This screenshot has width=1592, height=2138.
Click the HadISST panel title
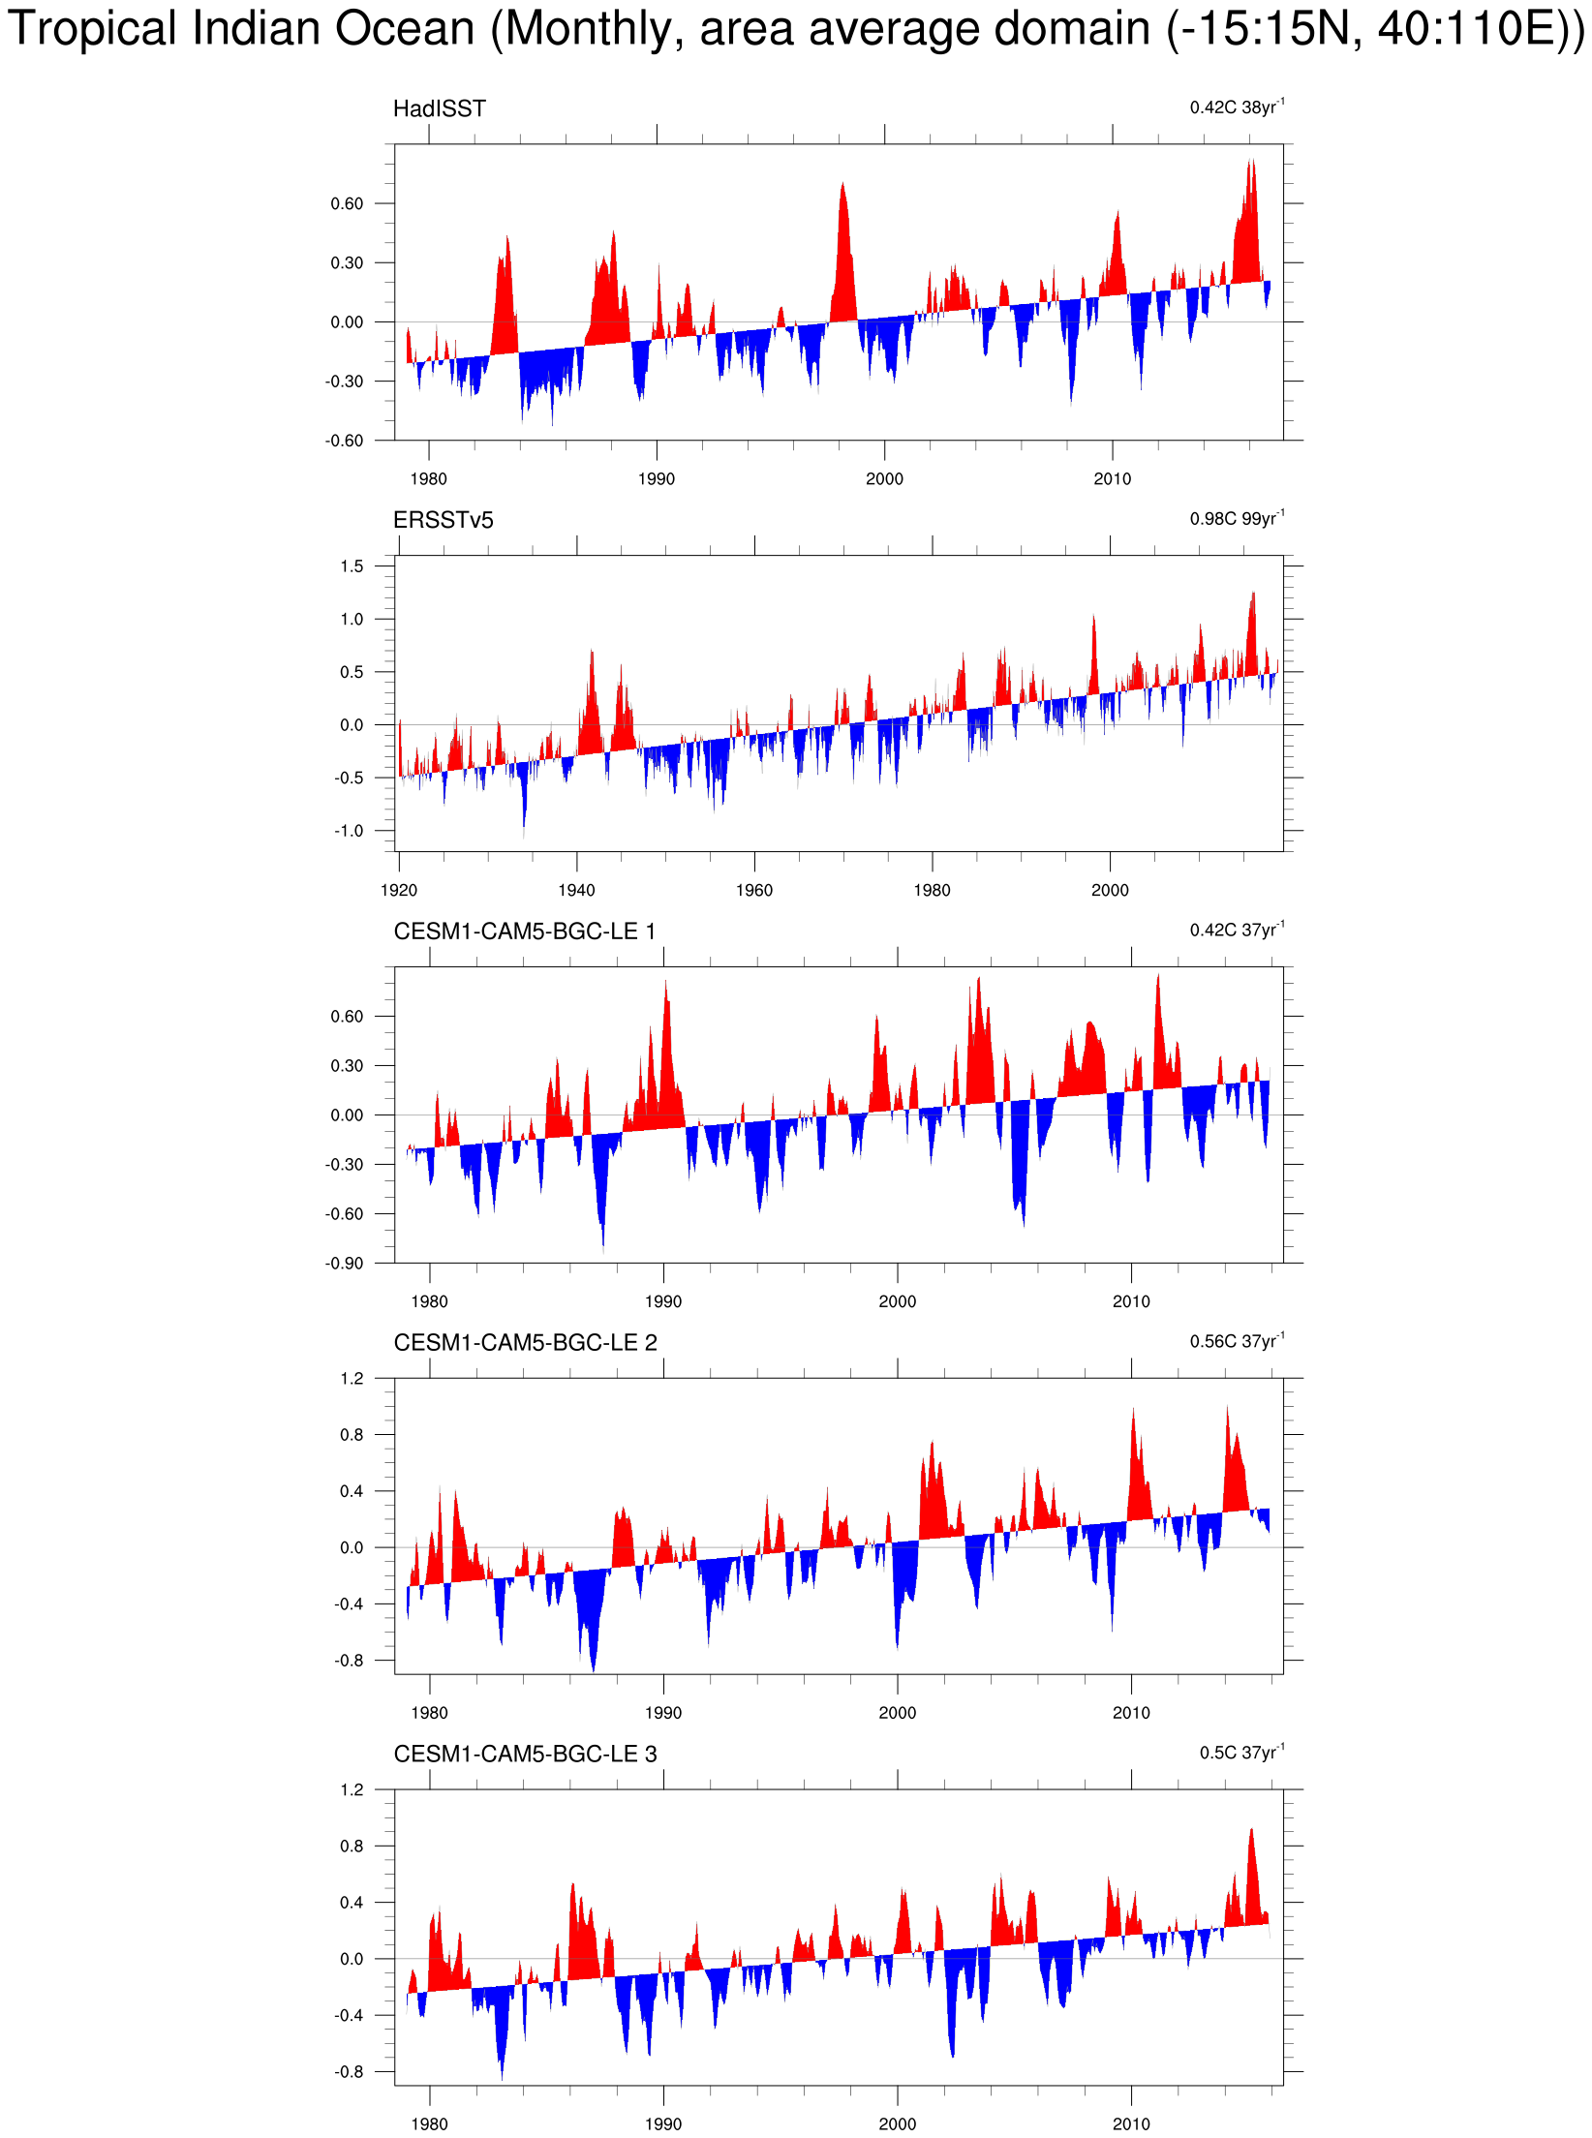(x=439, y=108)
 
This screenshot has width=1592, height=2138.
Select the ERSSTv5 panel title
(x=443, y=520)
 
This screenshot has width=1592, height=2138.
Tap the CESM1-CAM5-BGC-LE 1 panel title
(x=524, y=932)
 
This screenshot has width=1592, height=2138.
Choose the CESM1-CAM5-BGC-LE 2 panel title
(x=525, y=1343)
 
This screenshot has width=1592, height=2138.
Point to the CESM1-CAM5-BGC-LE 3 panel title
(x=525, y=1755)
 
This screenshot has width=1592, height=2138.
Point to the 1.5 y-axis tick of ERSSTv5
(x=352, y=566)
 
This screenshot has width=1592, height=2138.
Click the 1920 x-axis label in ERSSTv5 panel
(x=398, y=890)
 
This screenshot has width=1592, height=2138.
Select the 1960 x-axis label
(x=753, y=890)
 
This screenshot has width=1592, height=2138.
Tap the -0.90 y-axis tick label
(x=345, y=1264)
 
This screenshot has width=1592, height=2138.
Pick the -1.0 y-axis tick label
(x=349, y=831)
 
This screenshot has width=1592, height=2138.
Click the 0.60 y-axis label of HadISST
(x=347, y=203)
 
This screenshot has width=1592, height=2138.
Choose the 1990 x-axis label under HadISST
(x=656, y=478)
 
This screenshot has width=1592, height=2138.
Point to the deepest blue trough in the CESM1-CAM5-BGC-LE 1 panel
(x=602, y=1244)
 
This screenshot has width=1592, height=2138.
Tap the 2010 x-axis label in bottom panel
(x=1130, y=2123)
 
